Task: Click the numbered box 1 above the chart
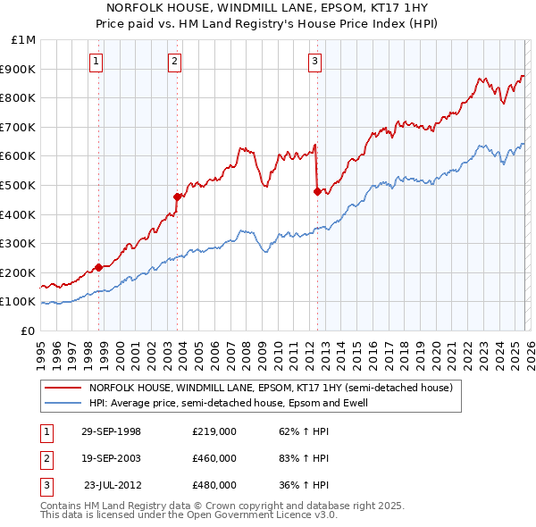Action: pyautogui.click(x=96, y=62)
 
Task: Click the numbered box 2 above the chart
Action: pyautogui.click(x=174, y=62)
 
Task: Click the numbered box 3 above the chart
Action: pyautogui.click(x=315, y=62)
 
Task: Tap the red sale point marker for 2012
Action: pyautogui.click(x=317, y=190)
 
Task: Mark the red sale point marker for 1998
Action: pyautogui.click(x=99, y=266)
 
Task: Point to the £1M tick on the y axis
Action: pyautogui.click(x=24, y=40)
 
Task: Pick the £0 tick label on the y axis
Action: pyautogui.click(x=28, y=330)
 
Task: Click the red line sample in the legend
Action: pyautogui.click(x=63, y=389)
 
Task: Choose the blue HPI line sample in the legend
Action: pyautogui.click(x=63, y=403)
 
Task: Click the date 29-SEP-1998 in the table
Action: pyautogui.click(x=111, y=431)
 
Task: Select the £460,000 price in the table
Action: pyautogui.click(x=214, y=458)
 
